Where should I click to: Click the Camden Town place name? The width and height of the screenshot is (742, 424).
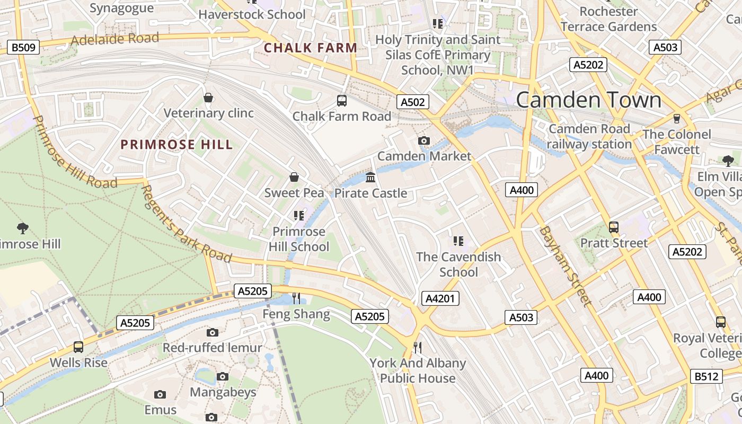tap(588, 100)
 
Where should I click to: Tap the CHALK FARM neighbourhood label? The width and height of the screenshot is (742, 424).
tap(311, 48)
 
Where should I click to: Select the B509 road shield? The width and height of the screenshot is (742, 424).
tap(23, 48)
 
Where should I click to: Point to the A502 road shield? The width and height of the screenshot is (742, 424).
tap(412, 102)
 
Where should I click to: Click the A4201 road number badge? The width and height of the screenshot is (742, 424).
tap(440, 298)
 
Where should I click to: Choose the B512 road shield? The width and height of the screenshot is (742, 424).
tap(707, 376)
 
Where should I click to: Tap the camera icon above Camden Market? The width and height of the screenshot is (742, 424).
tap(424, 140)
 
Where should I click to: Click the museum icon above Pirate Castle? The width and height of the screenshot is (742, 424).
tap(370, 177)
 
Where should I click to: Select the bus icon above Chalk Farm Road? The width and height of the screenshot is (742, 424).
tap(342, 100)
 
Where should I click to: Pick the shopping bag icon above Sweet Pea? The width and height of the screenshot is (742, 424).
tap(294, 177)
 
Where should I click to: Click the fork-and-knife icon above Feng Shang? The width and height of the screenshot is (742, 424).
tap(296, 298)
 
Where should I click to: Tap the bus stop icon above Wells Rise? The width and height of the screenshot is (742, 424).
tap(78, 347)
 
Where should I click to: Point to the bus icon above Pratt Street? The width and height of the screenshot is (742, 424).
tap(614, 227)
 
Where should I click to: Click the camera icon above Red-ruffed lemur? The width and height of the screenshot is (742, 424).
tap(213, 332)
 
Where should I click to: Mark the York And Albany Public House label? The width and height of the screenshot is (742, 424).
tap(418, 370)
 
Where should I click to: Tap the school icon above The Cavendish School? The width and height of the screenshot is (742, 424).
tap(458, 241)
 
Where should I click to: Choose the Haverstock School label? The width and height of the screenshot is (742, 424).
tap(252, 14)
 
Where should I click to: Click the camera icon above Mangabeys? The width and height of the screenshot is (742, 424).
tap(223, 376)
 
